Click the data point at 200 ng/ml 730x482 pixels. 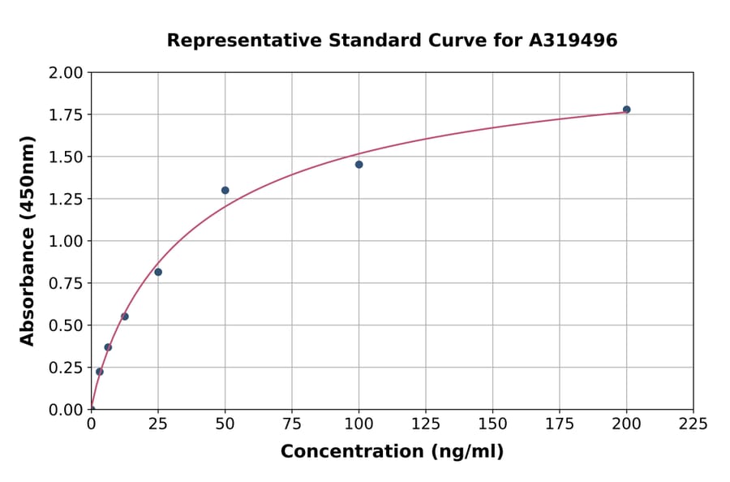(626, 110)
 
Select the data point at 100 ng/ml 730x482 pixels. (359, 165)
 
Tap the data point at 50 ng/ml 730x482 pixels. (225, 191)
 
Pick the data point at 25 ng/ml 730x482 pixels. (158, 272)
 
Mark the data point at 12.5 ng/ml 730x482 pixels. (125, 316)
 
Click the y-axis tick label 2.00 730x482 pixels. (66, 73)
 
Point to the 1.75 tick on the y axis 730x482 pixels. (66, 115)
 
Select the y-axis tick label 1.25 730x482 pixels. (66, 200)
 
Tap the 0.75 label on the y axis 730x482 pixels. (66, 284)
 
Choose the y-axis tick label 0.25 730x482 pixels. (66, 368)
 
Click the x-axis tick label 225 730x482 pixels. (693, 424)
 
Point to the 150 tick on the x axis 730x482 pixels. (492, 424)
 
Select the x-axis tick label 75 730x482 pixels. (292, 424)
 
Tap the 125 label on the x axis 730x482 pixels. (426, 424)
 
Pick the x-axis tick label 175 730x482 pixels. (559, 424)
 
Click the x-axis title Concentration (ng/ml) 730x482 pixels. (392, 452)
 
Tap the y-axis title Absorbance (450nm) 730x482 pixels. (28, 241)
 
